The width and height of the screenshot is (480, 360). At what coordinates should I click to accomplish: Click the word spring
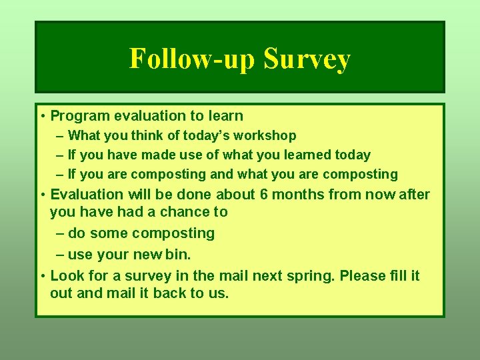click(x=309, y=275)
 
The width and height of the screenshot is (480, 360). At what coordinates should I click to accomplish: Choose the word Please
click(x=363, y=275)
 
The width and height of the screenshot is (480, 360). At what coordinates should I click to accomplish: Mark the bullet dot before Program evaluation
click(x=42, y=117)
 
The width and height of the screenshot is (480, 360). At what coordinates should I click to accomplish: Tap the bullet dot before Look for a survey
click(x=42, y=276)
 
